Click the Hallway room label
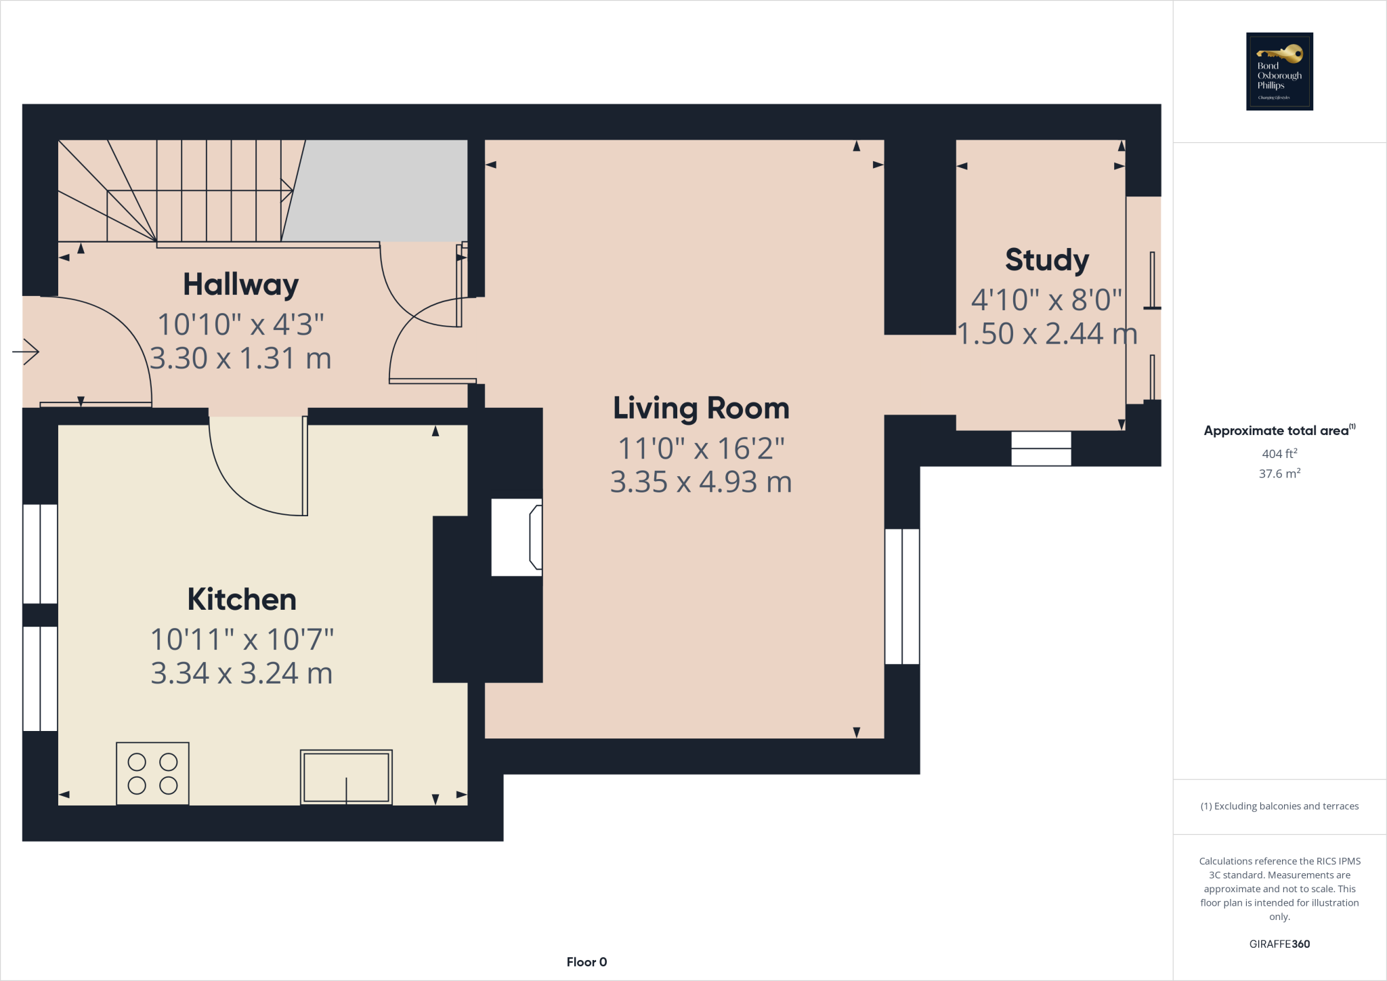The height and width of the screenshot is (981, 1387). coord(240,285)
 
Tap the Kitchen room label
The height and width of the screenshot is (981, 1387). coord(242,600)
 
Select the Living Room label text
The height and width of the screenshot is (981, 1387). coord(701,409)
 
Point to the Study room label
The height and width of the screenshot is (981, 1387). coord(1046,260)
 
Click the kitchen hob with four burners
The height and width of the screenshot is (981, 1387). coord(152,774)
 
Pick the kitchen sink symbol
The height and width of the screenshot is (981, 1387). coord(346,777)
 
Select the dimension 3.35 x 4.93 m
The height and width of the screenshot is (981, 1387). coord(701,482)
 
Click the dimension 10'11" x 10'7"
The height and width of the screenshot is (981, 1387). coord(242,640)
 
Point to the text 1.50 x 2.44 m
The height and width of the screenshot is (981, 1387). coord(1046,334)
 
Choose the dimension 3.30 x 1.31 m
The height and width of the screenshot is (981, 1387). coord(240,358)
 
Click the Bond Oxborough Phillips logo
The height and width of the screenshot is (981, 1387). coord(1279,71)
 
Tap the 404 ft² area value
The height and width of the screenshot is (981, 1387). coord(1279,453)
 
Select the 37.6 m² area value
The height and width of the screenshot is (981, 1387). coord(1279,474)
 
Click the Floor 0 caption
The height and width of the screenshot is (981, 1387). coord(586,962)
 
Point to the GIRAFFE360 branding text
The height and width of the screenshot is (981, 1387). coord(1279,944)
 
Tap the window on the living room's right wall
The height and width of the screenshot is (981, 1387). coord(902,596)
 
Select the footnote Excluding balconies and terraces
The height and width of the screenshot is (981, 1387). coord(1279,806)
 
